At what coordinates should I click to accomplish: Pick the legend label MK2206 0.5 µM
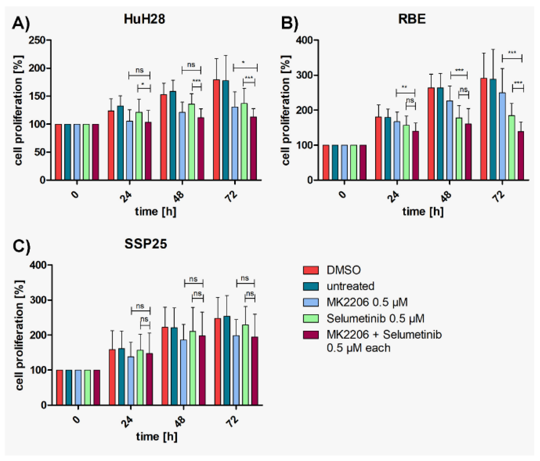[x=367, y=302]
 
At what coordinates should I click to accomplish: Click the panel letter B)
[x=289, y=23]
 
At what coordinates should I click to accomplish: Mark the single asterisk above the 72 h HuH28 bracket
[x=243, y=62]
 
